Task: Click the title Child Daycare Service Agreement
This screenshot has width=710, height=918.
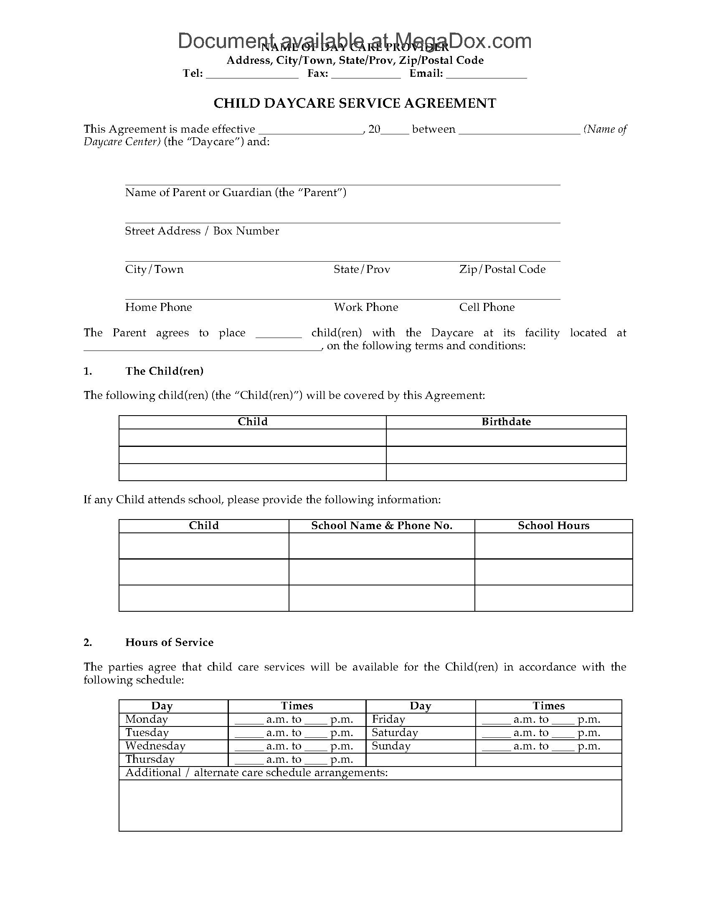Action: point(355,103)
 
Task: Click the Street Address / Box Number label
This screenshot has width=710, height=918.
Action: point(202,231)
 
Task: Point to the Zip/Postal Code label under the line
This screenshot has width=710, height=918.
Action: point(502,269)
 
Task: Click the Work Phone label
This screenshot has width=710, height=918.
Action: point(365,307)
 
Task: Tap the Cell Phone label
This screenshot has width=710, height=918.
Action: point(487,307)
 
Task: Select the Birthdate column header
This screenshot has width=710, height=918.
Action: point(506,421)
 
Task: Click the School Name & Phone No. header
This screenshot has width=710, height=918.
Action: point(381,526)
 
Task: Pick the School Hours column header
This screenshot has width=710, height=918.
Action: point(553,526)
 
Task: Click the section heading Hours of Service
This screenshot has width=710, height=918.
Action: point(169,642)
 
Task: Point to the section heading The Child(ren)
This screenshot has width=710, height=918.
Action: point(164,371)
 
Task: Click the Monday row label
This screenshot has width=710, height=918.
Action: point(146,719)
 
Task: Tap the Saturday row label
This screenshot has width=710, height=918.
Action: point(395,733)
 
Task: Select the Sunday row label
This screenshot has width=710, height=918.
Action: point(391,746)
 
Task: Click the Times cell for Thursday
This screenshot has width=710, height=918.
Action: point(297,759)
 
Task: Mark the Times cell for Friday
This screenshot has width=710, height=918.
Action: point(548,719)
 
